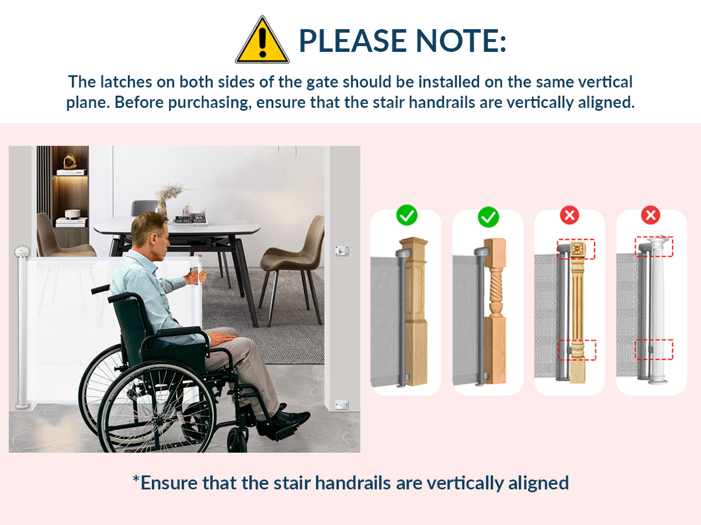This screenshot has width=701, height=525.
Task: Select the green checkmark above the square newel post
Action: click(x=407, y=215)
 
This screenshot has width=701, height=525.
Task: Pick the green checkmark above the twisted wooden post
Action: click(x=488, y=216)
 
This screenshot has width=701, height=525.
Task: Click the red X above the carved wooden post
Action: click(x=570, y=215)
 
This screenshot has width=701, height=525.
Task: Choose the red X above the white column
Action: click(x=651, y=215)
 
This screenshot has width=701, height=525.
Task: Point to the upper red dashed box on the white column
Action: click(x=654, y=247)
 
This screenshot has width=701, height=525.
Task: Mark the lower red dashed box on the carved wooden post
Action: click(x=577, y=350)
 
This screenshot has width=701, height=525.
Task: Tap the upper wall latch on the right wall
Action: click(x=342, y=250)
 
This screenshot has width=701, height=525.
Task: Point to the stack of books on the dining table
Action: click(x=190, y=220)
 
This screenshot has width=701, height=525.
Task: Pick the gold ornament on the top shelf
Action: click(x=70, y=161)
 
